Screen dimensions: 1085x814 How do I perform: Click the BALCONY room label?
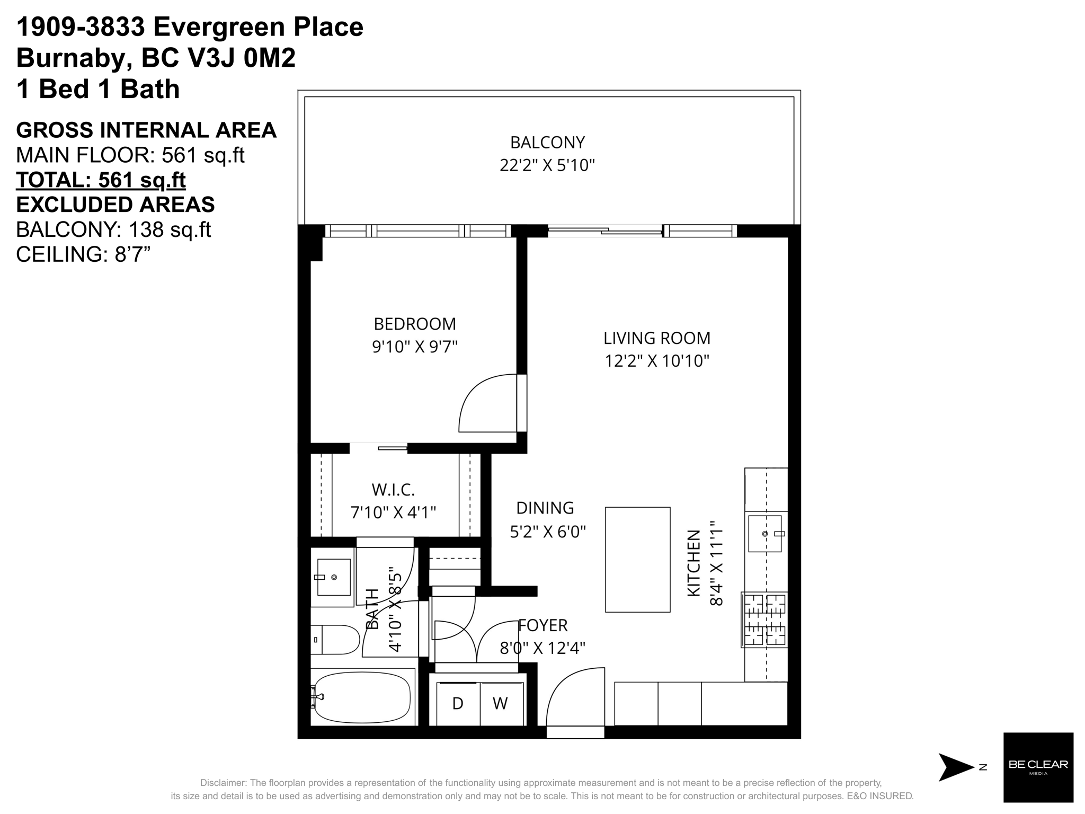click(x=547, y=143)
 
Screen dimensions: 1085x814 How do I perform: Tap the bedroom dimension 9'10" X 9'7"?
click(x=415, y=347)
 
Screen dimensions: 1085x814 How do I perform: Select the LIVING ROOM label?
click(x=657, y=338)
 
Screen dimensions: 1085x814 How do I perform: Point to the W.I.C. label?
click(x=393, y=490)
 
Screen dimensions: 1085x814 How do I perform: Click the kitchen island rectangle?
click(x=638, y=560)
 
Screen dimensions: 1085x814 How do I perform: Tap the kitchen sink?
click(x=766, y=534)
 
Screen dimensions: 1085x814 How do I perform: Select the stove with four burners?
click(x=764, y=620)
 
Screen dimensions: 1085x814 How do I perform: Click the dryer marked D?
click(x=458, y=704)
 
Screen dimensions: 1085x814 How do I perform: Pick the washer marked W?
click(x=501, y=704)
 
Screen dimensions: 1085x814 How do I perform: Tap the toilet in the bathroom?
click(x=335, y=640)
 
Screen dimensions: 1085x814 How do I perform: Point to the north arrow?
click(x=956, y=767)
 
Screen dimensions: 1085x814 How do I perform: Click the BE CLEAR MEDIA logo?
click(x=1038, y=767)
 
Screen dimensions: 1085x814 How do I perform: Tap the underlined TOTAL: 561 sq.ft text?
click(x=101, y=180)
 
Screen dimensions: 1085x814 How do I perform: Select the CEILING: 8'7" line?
click(x=84, y=254)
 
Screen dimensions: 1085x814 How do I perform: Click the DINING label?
click(x=545, y=508)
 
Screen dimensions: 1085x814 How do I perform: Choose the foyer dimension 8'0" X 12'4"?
click(x=542, y=648)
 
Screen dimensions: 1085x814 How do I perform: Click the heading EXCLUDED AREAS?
click(x=115, y=205)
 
